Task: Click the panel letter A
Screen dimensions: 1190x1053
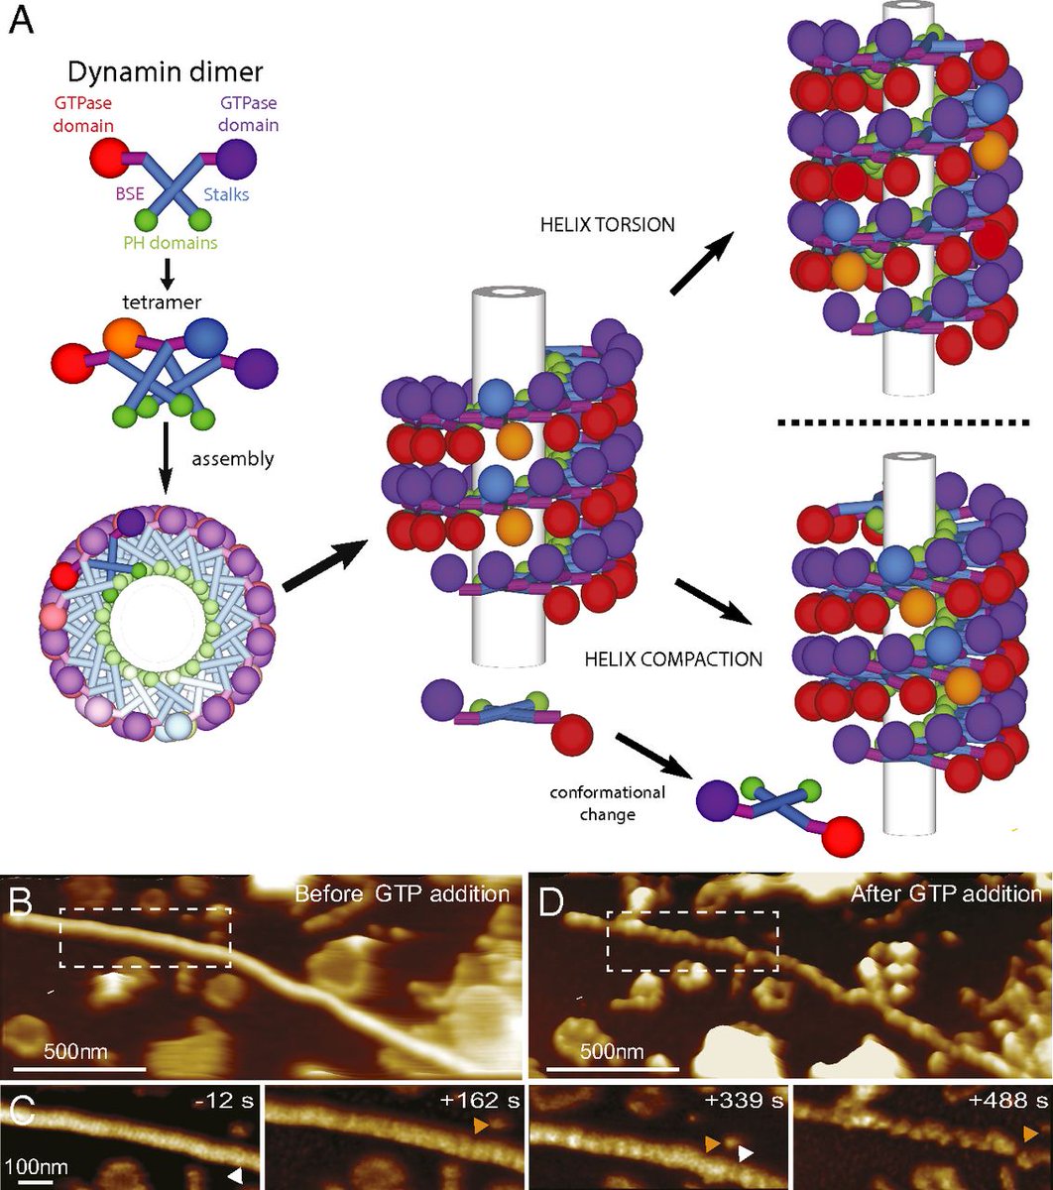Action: tap(21, 22)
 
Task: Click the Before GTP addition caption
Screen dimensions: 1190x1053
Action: tap(402, 893)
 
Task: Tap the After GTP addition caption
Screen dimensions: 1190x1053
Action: tap(946, 893)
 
